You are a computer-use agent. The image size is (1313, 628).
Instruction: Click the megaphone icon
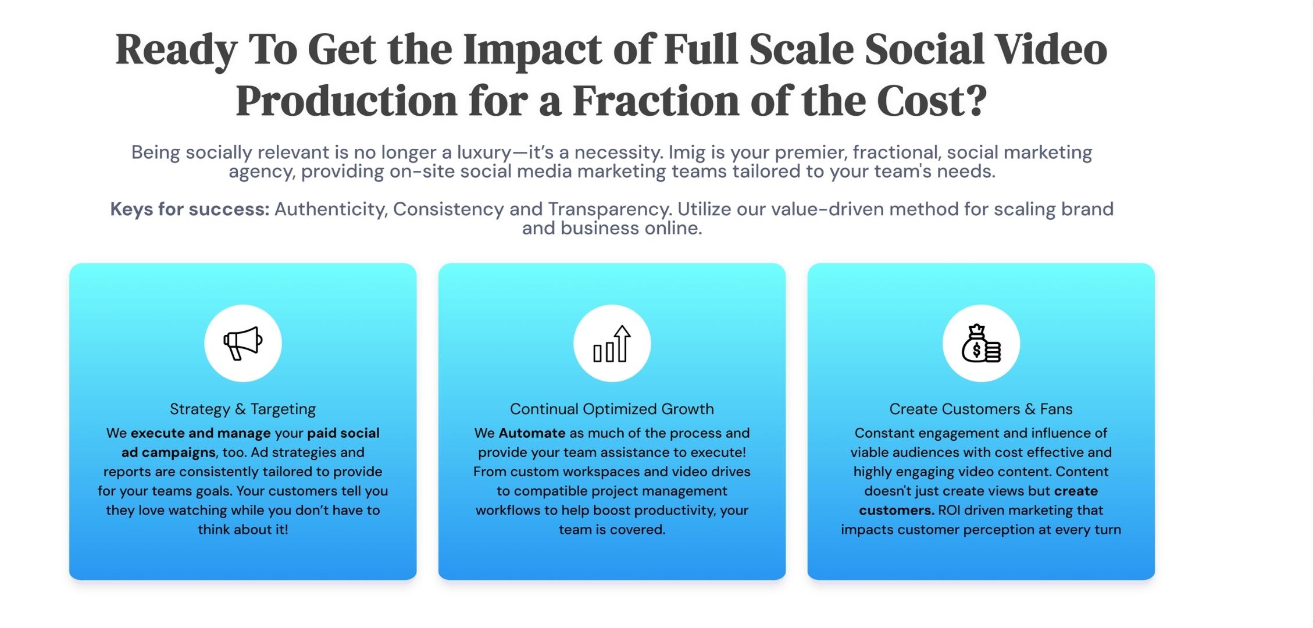pyautogui.click(x=243, y=343)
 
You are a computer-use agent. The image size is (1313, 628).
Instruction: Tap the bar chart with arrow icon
pyautogui.click(x=612, y=344)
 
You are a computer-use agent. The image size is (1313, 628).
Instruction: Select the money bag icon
pyautogui.click(x=981, y=343)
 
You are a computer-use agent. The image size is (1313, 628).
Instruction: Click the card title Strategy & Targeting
pyautogui.click(x=242, y=409)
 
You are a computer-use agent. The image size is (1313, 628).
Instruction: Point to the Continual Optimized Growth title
pyautogui.click(x=612, y=409)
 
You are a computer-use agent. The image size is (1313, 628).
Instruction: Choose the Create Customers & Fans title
pyautogui.click(x=981, y=409)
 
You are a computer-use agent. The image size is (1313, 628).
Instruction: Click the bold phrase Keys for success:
pyautogui.click(x=190, y=209)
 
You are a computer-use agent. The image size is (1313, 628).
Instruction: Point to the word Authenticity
pyautogui.click(x=331, y=209)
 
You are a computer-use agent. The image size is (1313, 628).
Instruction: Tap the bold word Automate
pyautogui.click(x=532, y=433)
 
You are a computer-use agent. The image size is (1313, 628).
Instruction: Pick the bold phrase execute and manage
pyautogui.click(x=201, y=433)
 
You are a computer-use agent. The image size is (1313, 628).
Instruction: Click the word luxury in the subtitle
pyautogui.click(x=484, y=153)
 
